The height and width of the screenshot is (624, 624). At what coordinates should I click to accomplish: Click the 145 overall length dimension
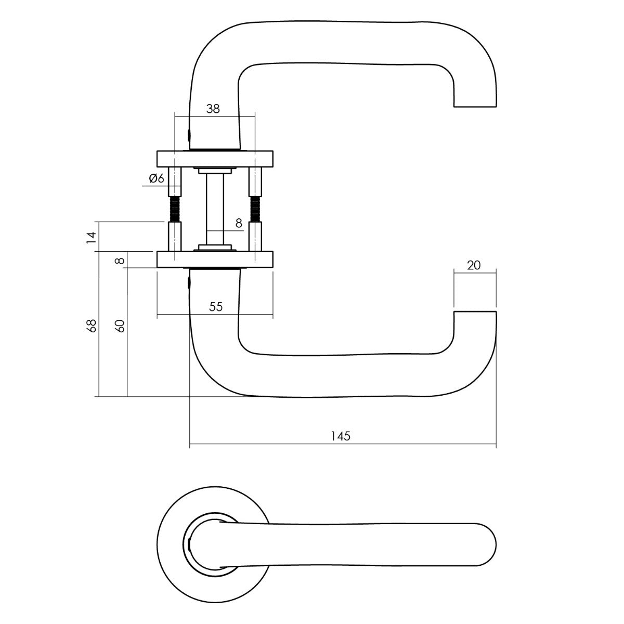click(x=341, y=436)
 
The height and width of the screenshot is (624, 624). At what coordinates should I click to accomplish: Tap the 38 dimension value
click(x=213, y=109)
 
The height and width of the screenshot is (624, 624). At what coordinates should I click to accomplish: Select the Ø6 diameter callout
click(x=157, y=178)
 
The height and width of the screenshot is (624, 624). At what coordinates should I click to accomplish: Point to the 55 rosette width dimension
click(x=216, y=307)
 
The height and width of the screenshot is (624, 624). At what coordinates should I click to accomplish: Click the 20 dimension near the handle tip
click(x=474, y=265)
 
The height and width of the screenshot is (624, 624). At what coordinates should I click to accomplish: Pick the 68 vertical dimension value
click(x=92, y=326)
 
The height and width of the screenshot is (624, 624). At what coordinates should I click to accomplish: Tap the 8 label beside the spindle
click(x=239, y=223)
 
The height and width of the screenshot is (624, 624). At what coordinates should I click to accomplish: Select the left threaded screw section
click(x=175, y=209)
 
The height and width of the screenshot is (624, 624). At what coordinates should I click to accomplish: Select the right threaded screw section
click(x=255, y=209)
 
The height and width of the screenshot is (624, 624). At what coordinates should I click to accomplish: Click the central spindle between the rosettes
click(x=214, y=208)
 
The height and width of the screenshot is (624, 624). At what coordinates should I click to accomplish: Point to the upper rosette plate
click(x=214, y=157)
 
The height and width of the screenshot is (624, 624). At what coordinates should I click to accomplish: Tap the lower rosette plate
click(x=214, y=259)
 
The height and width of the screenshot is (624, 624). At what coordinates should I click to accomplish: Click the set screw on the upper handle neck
click(x=188, y=136)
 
